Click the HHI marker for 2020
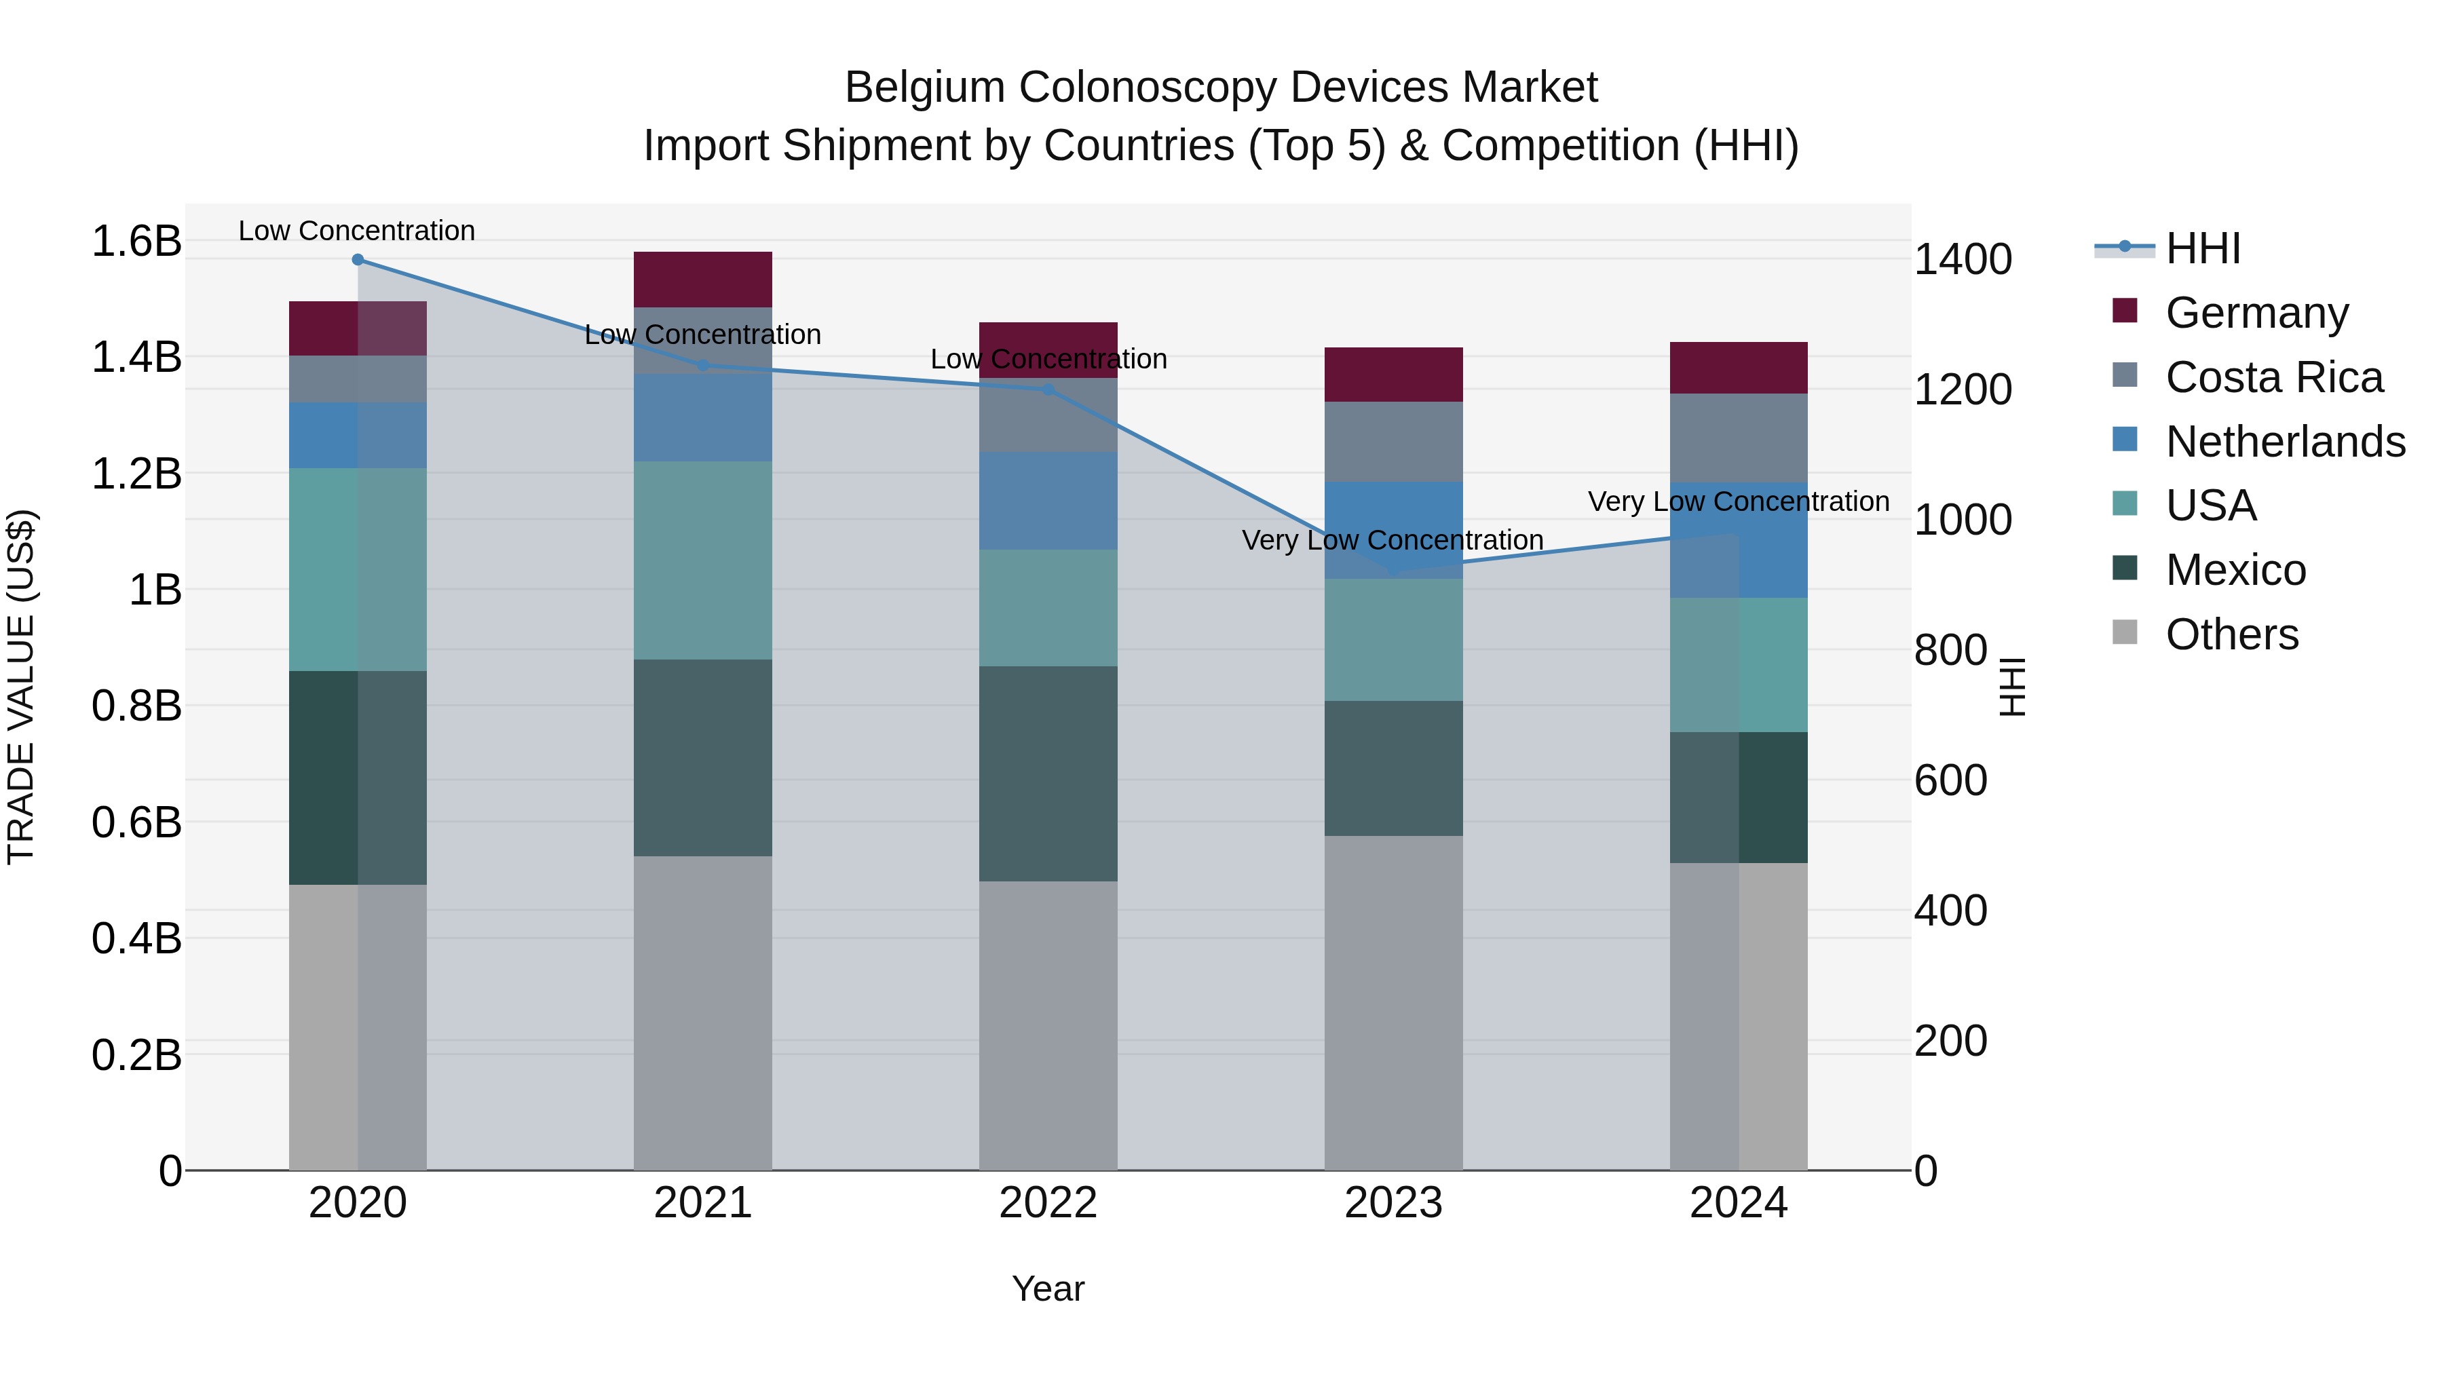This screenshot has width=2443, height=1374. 358,260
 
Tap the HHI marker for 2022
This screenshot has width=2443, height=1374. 1048,389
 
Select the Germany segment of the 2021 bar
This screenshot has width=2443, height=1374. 703,280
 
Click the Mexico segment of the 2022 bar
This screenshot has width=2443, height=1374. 1048,774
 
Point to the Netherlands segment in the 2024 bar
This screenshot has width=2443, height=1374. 1739,541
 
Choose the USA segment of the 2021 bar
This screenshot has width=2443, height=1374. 703,560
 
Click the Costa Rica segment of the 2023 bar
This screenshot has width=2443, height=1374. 1393,442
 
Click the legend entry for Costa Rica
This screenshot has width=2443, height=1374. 2273,377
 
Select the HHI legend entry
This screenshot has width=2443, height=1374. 2202,248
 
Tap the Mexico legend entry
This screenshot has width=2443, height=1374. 2235,570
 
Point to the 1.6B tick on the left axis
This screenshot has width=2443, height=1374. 136,241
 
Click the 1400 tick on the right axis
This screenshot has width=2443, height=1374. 1962,260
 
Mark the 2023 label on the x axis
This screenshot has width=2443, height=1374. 1393,1203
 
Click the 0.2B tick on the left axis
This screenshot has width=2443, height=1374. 136,1055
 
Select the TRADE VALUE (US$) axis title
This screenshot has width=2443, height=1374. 22,687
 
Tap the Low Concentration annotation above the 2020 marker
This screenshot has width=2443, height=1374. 356,231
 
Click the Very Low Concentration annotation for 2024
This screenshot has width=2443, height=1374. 1739,501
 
